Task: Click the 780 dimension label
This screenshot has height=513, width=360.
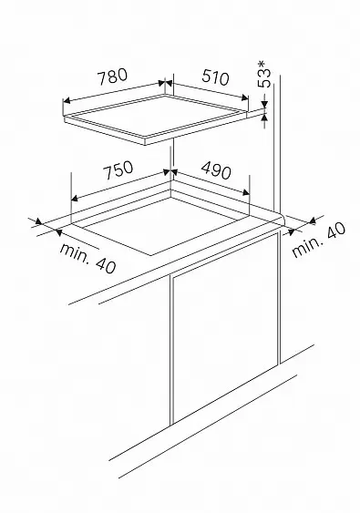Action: pyautogui.click(x=113, y=77)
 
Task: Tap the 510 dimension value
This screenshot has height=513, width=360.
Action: pyautogui.click(x=215, y=77)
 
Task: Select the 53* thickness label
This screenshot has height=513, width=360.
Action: pyautogui.click(x=265, y=74)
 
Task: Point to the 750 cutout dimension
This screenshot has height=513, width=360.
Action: pyautogui.click(x=118, y=169)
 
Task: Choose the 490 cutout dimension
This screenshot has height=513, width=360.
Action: pyautogui.click(x=216, y=169)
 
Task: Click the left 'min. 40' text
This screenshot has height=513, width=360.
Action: pyautogui.click(x=87, y=257)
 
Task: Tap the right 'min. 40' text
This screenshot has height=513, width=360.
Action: pyautogui.click(x=318, y=240)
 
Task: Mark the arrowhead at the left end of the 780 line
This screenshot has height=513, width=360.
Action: pyautogui.click(x=67, y=100)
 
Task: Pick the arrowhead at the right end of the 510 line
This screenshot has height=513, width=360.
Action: pyautogui.click(x=244, y=97)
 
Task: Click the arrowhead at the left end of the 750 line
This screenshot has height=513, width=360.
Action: pyautogui.click(x=75, y=198)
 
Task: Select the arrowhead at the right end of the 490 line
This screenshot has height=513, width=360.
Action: pyautogui.click(x=246, y=192)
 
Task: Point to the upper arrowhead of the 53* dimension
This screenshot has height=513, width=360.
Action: pyautogui.click(x=264, y=105)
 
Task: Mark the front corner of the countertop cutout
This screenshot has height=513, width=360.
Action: pyautogui.click(x=151, y=255)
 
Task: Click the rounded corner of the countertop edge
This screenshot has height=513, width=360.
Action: pyautogui.click(x=283, y=218)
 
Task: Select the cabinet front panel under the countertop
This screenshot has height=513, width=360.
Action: pyautogui.click(x=225, y=328)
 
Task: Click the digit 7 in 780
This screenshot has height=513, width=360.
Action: pyautogui.click(x=102, y=79)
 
